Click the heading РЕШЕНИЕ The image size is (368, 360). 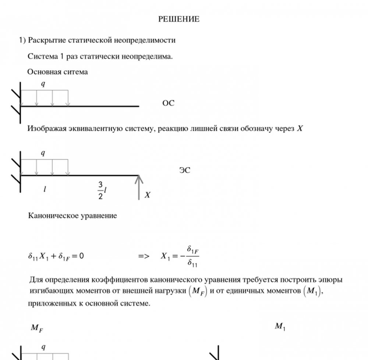[x=179, y=19]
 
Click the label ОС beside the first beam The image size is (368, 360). [x=168, y=104]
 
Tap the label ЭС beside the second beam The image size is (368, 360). [x=185, y=170]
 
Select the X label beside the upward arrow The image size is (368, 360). [x=147, y=195]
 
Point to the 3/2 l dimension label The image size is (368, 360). [x=102, y=190]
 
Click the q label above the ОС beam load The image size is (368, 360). [x=43, y=84]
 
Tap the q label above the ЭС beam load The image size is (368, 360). [x=43, y=153]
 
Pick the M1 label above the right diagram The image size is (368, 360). [x=280, y=326]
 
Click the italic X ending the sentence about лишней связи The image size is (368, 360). [x=300, y=129]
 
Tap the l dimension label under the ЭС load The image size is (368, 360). [x=45, y=189]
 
